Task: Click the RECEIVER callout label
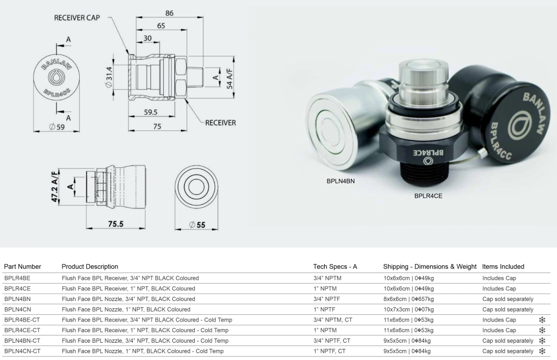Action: click(221, 123)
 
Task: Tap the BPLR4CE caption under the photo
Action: click(428, 196)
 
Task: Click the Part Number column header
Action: click(22, 266)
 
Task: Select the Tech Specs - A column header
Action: click(335, 266)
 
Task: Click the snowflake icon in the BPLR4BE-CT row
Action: click(541, 320)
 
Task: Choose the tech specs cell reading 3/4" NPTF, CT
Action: click(331, 340)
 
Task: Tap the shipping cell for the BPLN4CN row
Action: click(408, 309)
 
